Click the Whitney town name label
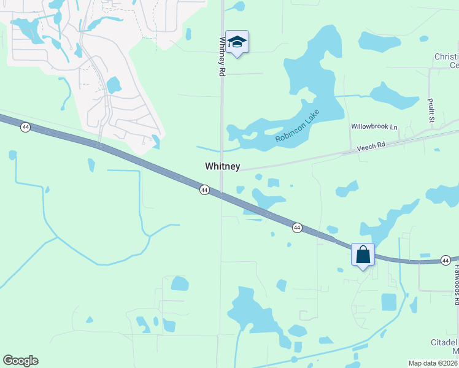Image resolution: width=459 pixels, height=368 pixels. tap(222, 167)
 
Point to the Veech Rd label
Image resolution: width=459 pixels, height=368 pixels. tap(370, 147)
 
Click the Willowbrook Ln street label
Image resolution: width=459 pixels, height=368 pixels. tap(374, 127)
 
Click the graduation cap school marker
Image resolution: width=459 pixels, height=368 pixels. tap(237, 42)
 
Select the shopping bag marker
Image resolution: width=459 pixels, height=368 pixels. tap(363, 255)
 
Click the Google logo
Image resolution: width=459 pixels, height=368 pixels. tap(20, 361)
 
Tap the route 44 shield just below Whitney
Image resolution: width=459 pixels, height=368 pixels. tap(204, 190)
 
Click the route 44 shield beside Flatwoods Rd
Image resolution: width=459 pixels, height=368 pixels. tap(445, 261)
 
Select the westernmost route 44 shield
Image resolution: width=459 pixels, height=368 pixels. tap(25, 127)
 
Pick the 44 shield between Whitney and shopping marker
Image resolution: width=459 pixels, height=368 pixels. tap(297, 228)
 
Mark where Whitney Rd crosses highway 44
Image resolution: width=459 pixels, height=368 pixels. tap(222, 196)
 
